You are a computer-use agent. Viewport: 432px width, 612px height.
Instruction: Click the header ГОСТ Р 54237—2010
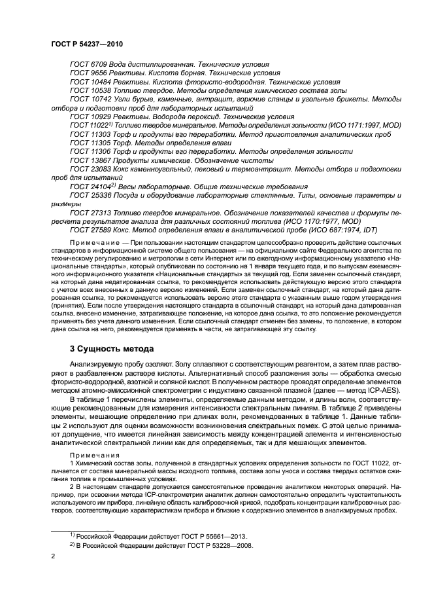[86, 43]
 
